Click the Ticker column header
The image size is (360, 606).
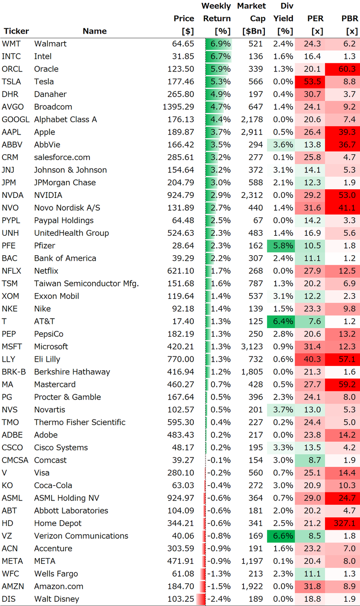point(16,31)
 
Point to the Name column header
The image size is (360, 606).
point(94,31)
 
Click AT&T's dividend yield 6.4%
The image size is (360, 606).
point(284,321)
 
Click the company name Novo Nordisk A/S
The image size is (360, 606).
point(67,208)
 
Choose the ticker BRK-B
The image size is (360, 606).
point(14,372)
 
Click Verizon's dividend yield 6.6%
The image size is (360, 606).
point(284,536)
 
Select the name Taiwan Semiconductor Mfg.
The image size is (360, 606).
point(86,284)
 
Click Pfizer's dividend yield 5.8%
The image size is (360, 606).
point(284,246)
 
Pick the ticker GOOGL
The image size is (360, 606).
point(15,119)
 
